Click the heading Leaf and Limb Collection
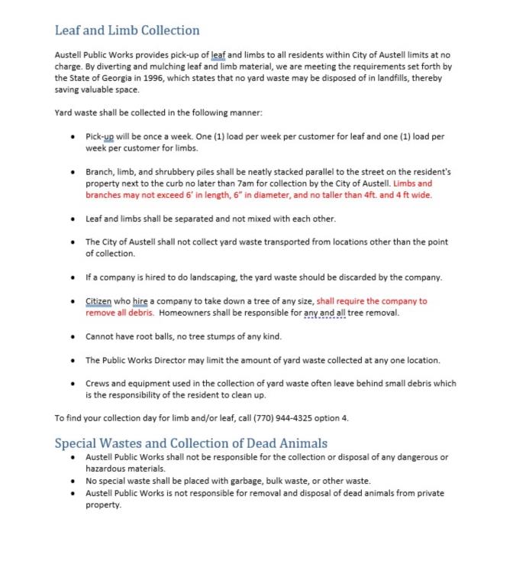tap(127, 31)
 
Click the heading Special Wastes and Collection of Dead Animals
tap(191, 443)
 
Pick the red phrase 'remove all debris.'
tap(120, 313)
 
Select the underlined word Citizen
tap(100, 302)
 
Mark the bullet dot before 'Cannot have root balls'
tap(72, 336)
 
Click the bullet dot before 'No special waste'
tap(72, 481)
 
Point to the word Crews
tap(99, 384)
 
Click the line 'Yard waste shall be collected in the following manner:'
tap(158, 112)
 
